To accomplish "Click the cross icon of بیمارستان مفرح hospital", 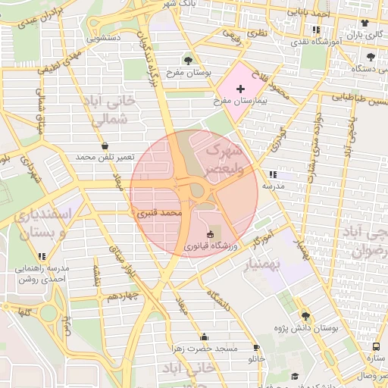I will point(240,89).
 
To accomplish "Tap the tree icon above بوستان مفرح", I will point(188,60).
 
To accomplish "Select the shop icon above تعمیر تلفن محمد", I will point(104,145).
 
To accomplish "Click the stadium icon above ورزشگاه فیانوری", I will point(211,235).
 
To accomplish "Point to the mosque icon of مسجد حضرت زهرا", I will point(203,337).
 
